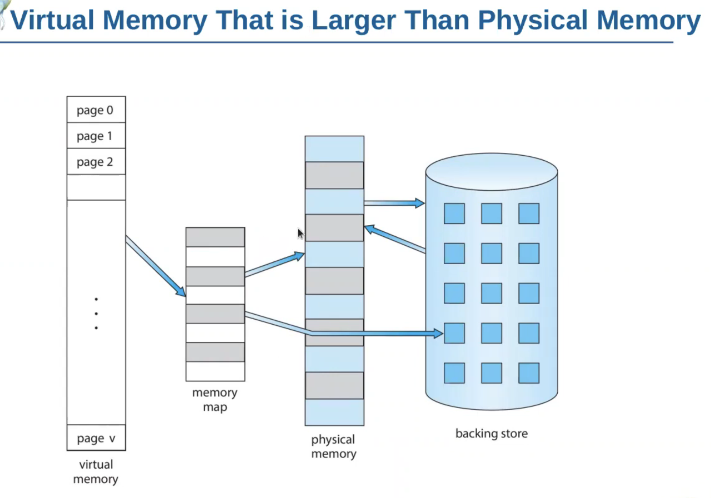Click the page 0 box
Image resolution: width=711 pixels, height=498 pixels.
pyautogui.click(x=96, y=109)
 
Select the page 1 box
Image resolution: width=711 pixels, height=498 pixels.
pyautogui.click(x=96, y=136)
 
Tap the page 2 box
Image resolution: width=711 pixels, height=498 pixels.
pyautogui.click(x=96, y=162)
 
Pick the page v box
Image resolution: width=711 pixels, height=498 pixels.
pyautogui.click(x=96, y=438)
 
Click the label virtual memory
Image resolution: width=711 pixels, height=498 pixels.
pyautogui.click(x=96, y=471)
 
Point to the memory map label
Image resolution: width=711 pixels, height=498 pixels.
pyautogui.click(x=214, y=400)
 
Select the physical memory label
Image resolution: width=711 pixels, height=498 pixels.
pyautogui.click(x=333, y=446)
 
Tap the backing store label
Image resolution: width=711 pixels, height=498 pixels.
pyautogui.click(x=491, y=434)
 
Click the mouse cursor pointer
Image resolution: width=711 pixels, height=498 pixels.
pyautogui.click(x=301, y=233)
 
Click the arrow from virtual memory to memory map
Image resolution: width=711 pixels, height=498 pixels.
pyautogui.click(x=156, y=266)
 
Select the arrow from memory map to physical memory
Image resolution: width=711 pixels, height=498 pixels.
pyautogui.click(x=274, y=265)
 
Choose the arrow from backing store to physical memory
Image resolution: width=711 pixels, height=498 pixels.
pyautogui.click(x=395, y=238)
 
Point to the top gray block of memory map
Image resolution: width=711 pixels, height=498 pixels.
pyautogui.click(x=215, y=237)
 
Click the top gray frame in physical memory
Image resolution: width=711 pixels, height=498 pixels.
pyautogui.click(x=334, y=175)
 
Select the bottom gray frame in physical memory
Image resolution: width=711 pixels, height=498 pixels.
pyautogui.click(x=334, y=385)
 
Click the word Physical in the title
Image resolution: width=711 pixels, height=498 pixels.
pyautogui.click(x=533, y=21)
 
